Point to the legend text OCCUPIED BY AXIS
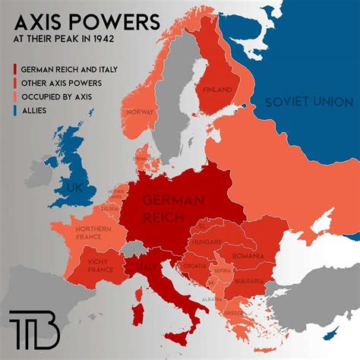pos(66,96)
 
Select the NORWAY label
pos(141,112)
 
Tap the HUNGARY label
pos(207,241)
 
